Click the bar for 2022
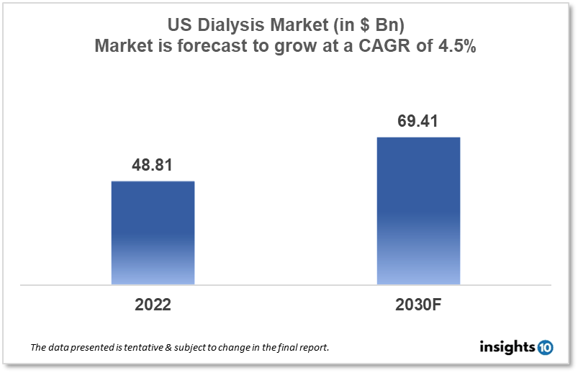pos(153,232)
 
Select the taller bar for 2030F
pos(418,210)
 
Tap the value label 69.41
pos(418,120)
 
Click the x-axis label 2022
pos(153,305)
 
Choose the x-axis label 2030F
pos(418,305)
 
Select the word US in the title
pos(180,27)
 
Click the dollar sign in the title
pos(362,27)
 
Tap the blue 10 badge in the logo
pos(545,347)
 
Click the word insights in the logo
pos(507,347)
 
